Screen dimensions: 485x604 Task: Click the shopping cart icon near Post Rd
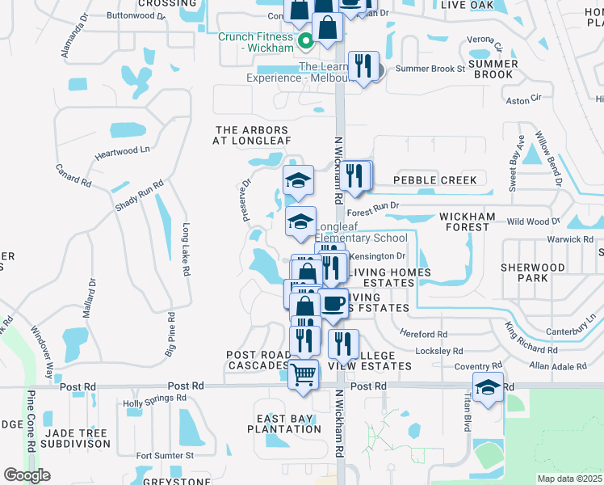pos(304,374)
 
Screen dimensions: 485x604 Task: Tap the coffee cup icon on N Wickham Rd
pos(333,304)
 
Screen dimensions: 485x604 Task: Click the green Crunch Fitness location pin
pos(305,42)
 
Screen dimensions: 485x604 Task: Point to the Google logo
pos(27,475)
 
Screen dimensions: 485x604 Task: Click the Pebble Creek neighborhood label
pos(434,180)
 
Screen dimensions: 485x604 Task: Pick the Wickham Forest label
pos(464,221)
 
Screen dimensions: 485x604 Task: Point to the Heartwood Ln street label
pos(123,150)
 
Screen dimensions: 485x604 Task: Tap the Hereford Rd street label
pos(423,334)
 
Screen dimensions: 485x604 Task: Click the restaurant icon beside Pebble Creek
pos(355,175)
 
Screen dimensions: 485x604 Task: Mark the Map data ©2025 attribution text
pos(570,479)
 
